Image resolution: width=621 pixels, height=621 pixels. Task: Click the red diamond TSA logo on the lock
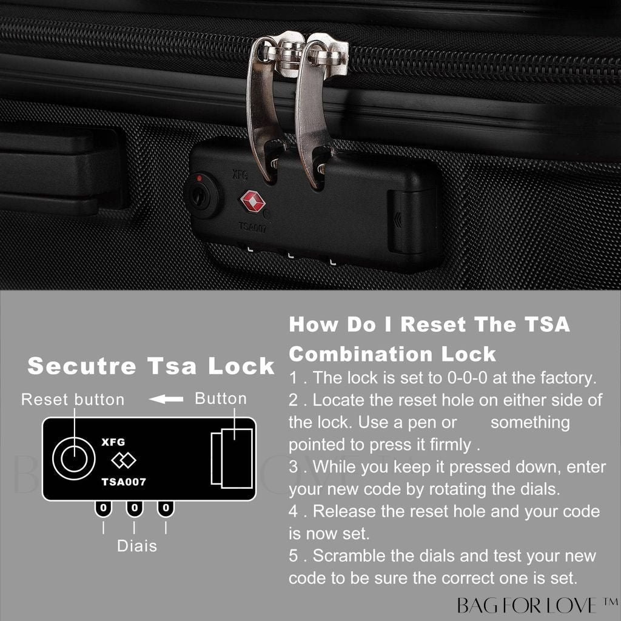[252, 201]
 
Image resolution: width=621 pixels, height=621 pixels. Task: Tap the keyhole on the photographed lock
[198, 195]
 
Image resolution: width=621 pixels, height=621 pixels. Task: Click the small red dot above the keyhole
[199, 178]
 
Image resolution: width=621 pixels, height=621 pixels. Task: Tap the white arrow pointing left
[166, 399]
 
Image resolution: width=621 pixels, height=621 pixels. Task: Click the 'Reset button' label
[73, 399]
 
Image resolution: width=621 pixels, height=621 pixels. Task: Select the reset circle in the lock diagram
[74, 458]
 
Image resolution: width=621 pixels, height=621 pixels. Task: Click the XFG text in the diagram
[113, 442]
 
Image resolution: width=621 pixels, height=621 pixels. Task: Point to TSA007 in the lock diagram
[124, 482]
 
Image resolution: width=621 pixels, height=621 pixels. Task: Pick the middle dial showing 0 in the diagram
[135, 508]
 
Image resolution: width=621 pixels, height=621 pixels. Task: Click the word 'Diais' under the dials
[137, 546]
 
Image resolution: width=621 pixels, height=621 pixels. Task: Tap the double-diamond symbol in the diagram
[124, 460]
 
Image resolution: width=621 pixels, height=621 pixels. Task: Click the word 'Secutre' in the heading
[82, 366]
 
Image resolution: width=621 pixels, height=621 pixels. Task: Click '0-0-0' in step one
[468, 378]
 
